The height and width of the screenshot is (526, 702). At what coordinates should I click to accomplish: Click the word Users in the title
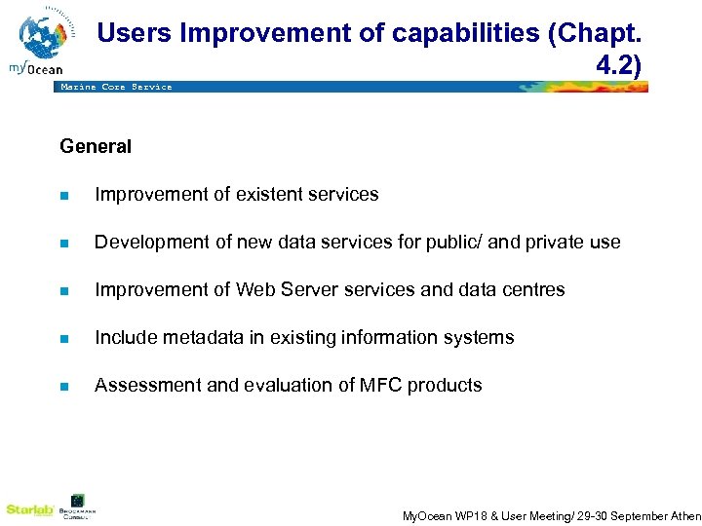(x=136, y=33)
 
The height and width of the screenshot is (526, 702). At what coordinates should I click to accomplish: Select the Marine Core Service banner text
(x=116, y=87)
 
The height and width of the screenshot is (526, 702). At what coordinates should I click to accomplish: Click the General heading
(x=96, y=147)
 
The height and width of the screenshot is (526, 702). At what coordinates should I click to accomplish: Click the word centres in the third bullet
(x=531, y=290)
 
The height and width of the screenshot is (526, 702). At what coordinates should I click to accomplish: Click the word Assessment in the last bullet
(x=140, y=386)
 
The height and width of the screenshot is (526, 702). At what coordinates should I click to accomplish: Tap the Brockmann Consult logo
(x=78, y=507)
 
